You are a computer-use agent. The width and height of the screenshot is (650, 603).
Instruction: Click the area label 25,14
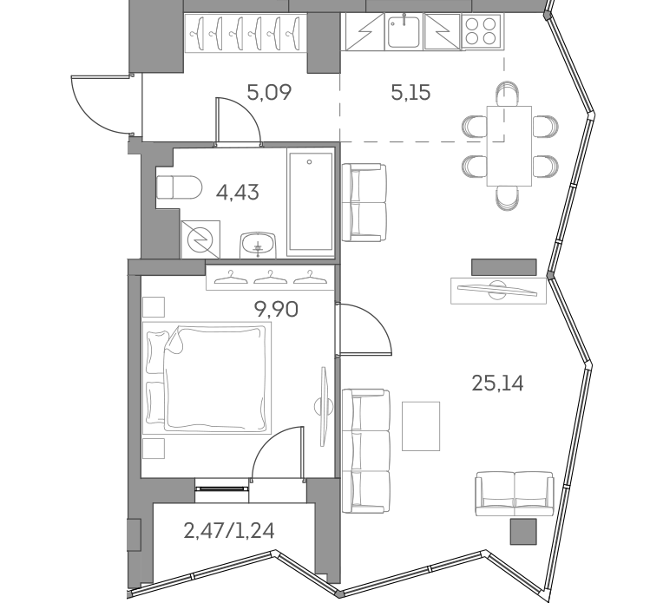[x=497, y=383]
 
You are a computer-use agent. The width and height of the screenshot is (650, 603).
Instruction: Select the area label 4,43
[x=237, y=192]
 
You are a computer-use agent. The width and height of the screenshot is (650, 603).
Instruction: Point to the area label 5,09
[x=268, y=91]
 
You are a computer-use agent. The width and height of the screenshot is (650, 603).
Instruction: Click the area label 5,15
[x=410, y=92]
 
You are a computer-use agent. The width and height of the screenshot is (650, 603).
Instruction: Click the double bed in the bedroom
[x=209, y=377]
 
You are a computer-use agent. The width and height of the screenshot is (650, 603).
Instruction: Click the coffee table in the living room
[x=421, y=425]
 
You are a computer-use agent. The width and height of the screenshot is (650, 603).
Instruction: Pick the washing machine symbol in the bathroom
[x=200, y=239]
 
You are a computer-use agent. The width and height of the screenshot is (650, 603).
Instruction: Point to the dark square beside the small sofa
[x=522, y=531]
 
